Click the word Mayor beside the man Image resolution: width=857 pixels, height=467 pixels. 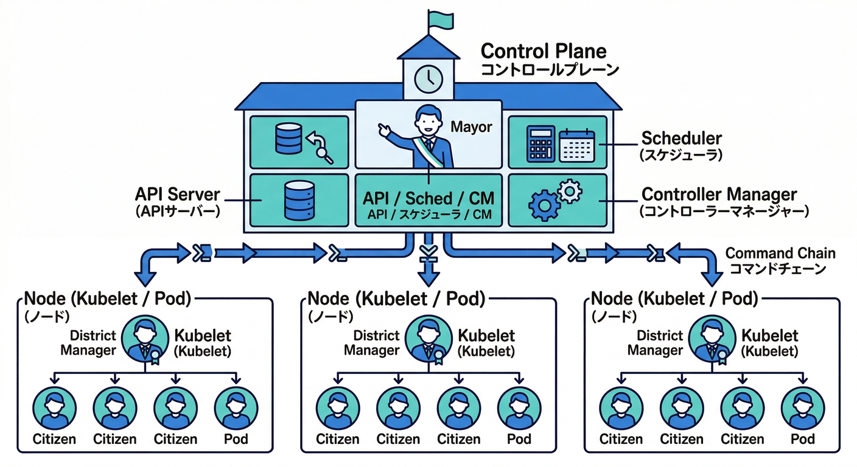(x=470, y=128)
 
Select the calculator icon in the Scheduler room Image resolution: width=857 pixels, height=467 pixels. (x=541, y=144)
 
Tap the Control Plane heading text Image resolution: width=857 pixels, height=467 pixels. (x=543, y=50)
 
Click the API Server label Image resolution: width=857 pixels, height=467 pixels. (x=178, y=196)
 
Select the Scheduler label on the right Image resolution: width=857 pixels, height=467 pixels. (x=681, y=138)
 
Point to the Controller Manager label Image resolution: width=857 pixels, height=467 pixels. (x=719, y=195)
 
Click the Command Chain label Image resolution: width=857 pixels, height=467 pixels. (x=780, y=253)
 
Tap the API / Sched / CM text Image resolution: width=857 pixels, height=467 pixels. (x=428, y=198)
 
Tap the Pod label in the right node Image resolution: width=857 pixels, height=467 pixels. (x=802, y=439)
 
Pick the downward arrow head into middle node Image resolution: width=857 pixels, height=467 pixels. (x=429, y=278)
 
